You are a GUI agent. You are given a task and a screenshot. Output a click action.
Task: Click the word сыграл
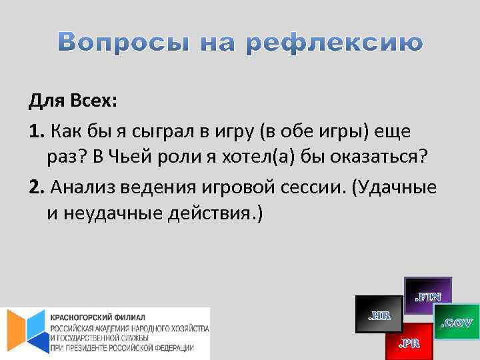145,131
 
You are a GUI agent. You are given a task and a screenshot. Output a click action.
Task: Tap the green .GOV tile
457,323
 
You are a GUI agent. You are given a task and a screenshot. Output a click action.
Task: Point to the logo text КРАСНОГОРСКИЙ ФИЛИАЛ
97,316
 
